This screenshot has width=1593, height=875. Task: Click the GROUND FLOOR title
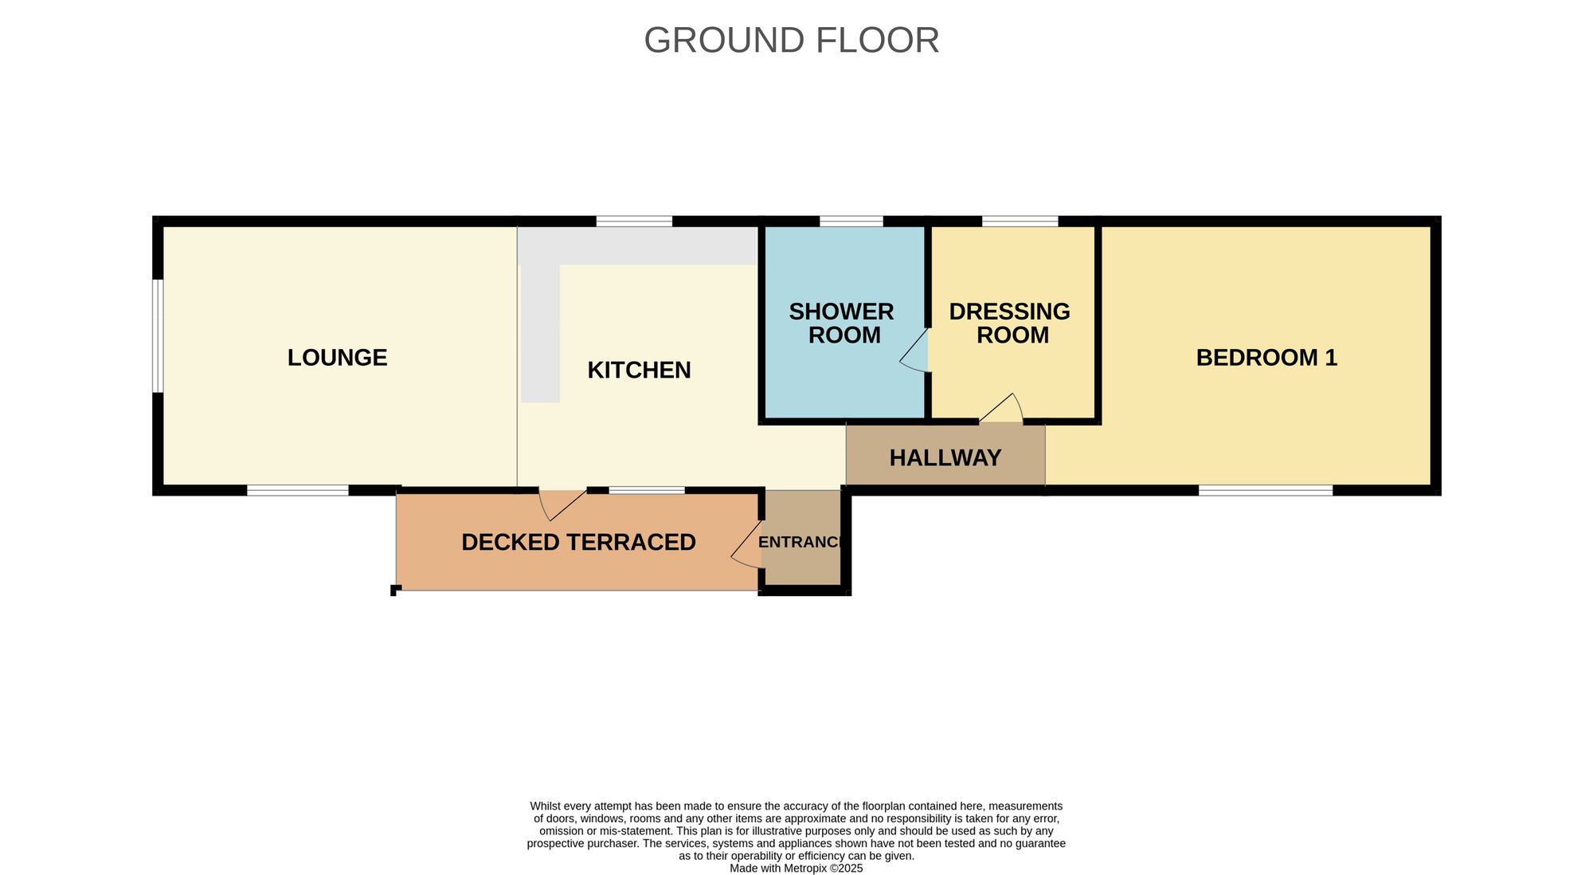(791, 41)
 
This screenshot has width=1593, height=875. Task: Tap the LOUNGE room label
(337, 358)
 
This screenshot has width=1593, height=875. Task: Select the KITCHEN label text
(639, 371)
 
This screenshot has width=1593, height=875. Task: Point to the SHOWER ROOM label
(842, 324)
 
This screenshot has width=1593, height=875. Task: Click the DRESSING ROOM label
(1010, 324)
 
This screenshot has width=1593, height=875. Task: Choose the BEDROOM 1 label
(1266, 358)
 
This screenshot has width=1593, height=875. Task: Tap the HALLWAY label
(945, 458)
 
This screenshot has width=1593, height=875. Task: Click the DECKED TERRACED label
(578, 543)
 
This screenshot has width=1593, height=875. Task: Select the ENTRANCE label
(800, 543)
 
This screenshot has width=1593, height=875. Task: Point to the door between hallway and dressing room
(1002, 409)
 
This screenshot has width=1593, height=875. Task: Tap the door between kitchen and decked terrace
(562, 504)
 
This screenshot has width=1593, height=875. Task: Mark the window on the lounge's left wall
(158, 335)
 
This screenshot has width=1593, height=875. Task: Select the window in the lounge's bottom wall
(297, 490)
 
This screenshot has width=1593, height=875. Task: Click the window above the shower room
(851, 221)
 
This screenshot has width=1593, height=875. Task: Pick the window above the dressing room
(1020, 221)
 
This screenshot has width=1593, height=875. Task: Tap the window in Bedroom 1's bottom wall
(1266, 490)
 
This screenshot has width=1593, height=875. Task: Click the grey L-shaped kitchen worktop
(637, 246)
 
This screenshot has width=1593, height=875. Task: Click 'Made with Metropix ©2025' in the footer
(796, 869)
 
